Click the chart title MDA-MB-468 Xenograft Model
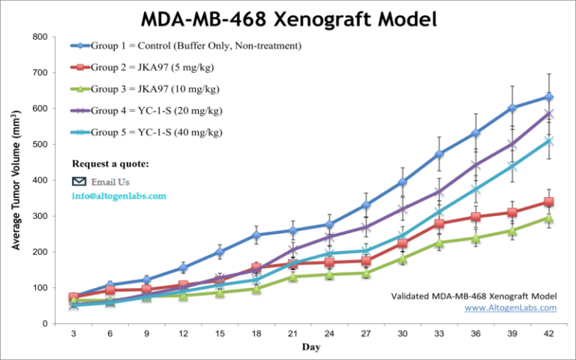tap(288, 18)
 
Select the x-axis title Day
tap(310, 347)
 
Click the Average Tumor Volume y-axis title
tap(16, 180)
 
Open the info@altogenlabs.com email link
tap(118, 196)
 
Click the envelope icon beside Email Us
tap(79, 181)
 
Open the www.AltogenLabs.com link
tap(511, 307)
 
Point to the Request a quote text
tap(110, 163)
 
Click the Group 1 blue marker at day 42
tap(549, 97)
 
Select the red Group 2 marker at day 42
tap(549, 202)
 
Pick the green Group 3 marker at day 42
tap(549, 218)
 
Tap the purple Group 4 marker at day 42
tap(549, 114)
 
